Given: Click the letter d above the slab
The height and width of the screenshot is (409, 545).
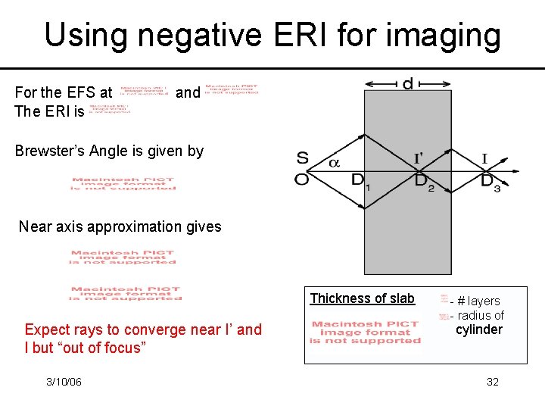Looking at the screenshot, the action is click(x=407, y=83).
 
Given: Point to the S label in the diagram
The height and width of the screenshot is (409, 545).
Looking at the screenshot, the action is click(x=302, y=159).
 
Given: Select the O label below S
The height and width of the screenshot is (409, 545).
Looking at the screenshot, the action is click(x=302, y=179).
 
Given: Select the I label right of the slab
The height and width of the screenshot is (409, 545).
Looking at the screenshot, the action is click(x=484, y=159).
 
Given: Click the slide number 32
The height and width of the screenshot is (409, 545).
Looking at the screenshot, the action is click(x=493, y=382).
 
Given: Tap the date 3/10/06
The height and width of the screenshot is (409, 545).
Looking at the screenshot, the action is click(x=63, y=382).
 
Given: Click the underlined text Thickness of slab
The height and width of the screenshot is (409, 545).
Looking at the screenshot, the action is click(x=363, y=298).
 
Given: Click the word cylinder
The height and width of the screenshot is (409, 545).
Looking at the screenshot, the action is click(x=478, y=329).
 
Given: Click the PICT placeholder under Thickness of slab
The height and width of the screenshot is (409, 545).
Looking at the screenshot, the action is click(x=365, y=333).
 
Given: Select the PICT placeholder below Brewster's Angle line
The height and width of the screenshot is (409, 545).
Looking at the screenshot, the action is click(x=123, y=184).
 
